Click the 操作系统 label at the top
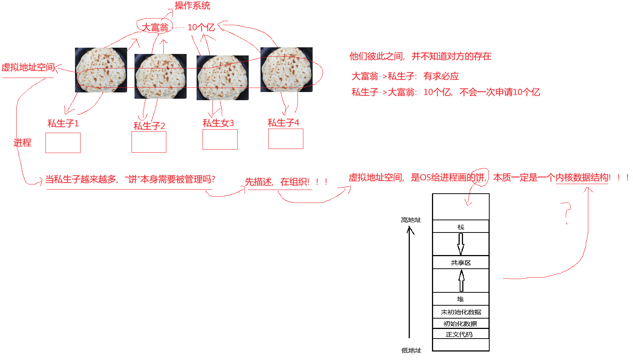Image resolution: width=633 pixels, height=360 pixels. point(192,6)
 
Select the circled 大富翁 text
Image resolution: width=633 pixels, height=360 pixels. point(155,27)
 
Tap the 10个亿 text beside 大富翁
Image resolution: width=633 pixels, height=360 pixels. point(201,27)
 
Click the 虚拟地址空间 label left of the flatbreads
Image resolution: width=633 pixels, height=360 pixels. point(28,67)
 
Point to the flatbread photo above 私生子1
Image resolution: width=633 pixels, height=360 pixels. point(101,70)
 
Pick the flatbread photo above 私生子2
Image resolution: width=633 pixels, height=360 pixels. point(160,77)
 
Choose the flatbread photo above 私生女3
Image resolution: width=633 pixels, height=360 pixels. point(222,78)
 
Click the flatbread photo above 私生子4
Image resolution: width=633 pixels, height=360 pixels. point(286,69)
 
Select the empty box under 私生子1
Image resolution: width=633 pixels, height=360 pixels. point(63,143)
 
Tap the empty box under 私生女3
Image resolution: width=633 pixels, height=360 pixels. point(220,139)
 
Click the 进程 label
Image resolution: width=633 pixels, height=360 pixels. point(23,143)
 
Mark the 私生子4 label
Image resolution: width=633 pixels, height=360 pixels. point(283,123)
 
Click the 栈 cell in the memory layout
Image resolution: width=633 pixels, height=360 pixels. point(461,227)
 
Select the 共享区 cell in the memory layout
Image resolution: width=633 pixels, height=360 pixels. point(461,262)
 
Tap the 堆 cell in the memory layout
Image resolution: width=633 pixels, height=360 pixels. point(461,299)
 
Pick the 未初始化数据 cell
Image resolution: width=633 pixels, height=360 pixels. point(461,312)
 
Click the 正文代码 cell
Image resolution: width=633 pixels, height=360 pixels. point(461,334)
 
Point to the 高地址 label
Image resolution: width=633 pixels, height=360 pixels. point(411,220)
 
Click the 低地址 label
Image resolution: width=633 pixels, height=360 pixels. point(411,350)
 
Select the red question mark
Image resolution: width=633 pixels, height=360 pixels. point(566,213)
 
